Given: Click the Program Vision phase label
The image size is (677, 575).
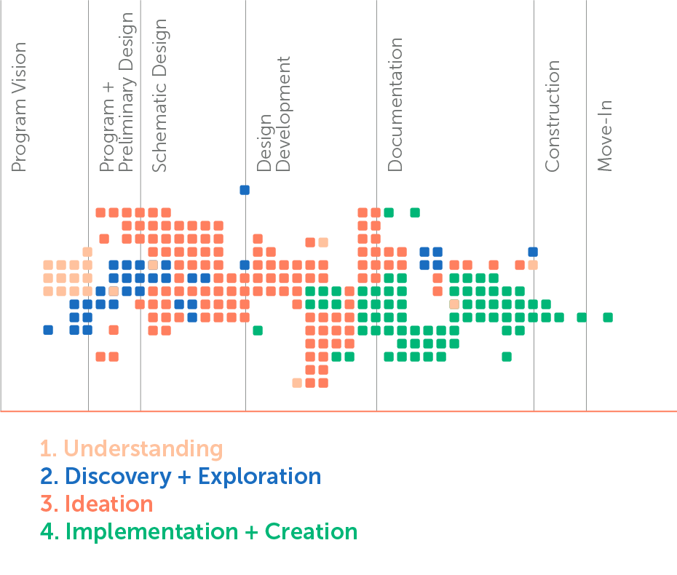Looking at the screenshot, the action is pos(19,107).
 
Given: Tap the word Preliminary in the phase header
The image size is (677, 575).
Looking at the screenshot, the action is pos(126,124).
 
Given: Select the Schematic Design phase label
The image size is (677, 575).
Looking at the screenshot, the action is pos(159,95).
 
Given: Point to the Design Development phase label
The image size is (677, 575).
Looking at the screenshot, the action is pos(273,114).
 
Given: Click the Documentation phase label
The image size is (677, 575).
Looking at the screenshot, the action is pos(395,105).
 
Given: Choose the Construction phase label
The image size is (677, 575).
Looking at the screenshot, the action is pos(552,116).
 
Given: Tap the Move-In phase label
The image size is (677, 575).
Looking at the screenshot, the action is pos(604,135).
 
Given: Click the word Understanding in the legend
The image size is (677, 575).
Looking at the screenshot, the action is pos(143,448).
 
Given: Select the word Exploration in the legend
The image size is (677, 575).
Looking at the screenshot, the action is pos(259,477).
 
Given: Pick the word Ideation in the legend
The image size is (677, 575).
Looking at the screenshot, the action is pos(108,504).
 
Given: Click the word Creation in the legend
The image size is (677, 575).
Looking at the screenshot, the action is pos(312,531).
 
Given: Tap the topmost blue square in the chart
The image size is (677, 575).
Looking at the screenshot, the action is pos(245,190).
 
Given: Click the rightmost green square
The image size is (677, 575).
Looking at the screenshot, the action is pos(608,318).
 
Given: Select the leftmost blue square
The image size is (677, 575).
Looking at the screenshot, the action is pos(48,330).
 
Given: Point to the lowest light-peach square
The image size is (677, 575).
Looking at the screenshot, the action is pos(297,383).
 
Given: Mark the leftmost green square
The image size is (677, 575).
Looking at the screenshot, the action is pos(258,330).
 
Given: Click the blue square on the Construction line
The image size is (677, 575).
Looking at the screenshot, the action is pos(533,252).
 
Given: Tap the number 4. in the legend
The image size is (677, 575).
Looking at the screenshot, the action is pos(50,531).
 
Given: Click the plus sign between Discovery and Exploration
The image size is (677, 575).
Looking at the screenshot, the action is pos(184,477).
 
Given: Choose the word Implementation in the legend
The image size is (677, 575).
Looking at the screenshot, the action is pos(151,531).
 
